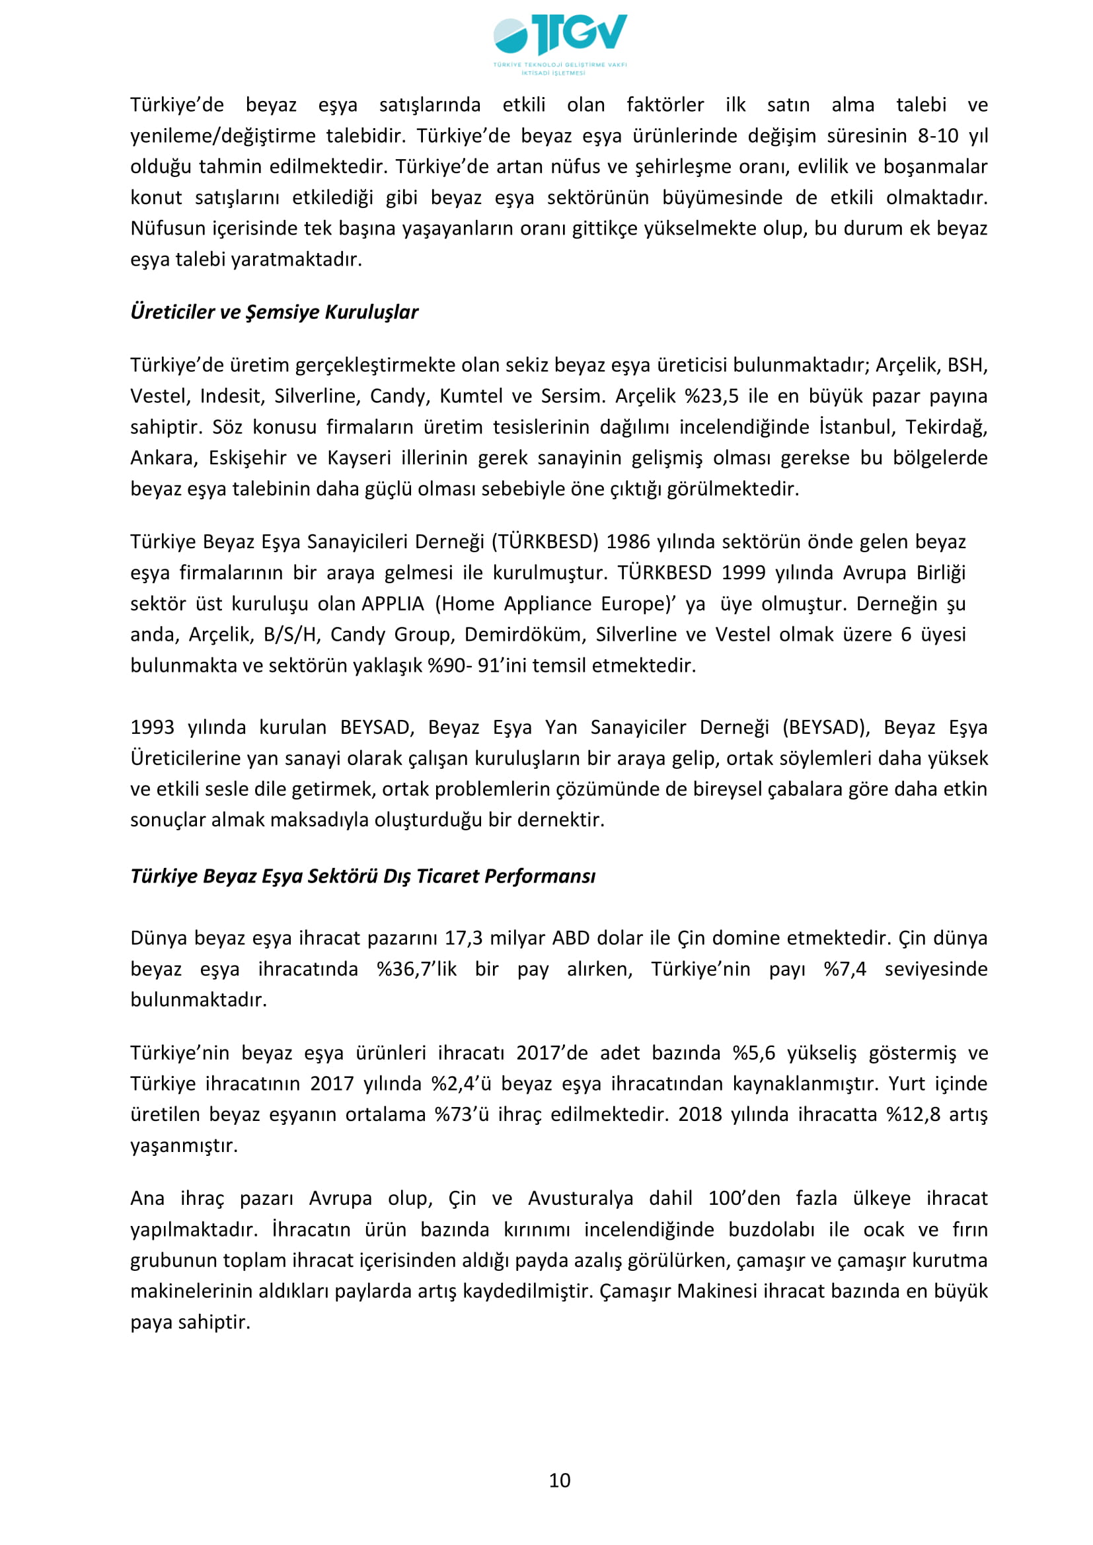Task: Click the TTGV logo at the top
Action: (560, 42)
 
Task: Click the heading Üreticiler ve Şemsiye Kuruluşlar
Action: (274, 312)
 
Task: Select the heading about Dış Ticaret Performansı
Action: (363, 876)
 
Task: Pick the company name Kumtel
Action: (471, 396)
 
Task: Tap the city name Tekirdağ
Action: (946, 427)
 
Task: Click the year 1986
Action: (628, 542)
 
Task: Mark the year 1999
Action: (743, 573)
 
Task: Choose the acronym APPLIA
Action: (393, 604)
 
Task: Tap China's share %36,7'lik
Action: (416, 969)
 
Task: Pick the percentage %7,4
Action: (845, 969)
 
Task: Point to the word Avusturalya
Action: (580, 1198)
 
